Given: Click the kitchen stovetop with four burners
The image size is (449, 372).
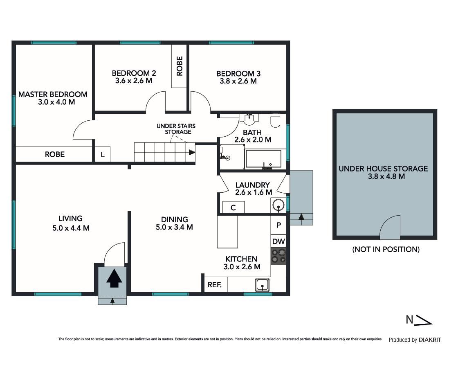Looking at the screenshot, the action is point(278,256).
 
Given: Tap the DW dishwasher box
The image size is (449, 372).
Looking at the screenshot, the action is point(278,241).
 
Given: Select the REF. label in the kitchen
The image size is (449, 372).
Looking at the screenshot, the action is point(214,285).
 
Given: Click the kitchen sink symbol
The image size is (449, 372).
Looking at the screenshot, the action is point(263,285).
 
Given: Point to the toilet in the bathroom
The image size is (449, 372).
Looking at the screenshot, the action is point(276,121).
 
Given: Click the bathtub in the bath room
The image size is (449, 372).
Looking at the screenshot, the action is point(263,158).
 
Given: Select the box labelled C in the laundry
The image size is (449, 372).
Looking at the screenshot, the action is point(233,207).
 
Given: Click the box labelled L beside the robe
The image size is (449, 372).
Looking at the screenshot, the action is point(103,154).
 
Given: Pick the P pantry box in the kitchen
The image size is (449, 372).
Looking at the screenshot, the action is point(278,225).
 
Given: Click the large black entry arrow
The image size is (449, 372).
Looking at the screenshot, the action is point(114,278).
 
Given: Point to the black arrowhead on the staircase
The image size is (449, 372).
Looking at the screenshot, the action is point(192,152).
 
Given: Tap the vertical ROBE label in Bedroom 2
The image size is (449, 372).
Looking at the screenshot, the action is point(180,66).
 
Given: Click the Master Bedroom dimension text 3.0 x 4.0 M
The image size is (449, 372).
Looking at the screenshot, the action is point(56,102).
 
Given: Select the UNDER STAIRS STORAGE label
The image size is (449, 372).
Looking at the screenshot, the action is point(176,129).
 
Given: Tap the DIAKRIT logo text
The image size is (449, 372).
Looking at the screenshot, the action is point(430,340).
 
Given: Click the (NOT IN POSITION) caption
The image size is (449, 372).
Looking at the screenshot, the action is point(386,249).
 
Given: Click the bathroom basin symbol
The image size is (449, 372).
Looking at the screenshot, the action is point(250,118).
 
